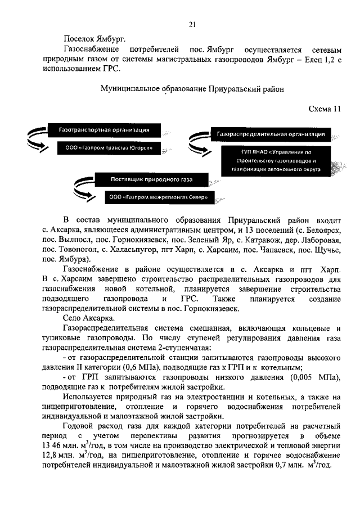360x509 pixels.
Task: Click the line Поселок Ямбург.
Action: [94, 39]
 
